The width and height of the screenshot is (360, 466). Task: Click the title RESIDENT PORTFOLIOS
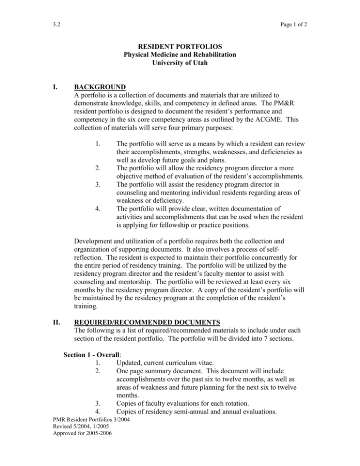pos(180,47)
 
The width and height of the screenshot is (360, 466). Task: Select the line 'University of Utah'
pos(180,63)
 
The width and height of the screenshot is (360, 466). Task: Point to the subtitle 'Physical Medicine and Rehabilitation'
pos(180,55)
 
